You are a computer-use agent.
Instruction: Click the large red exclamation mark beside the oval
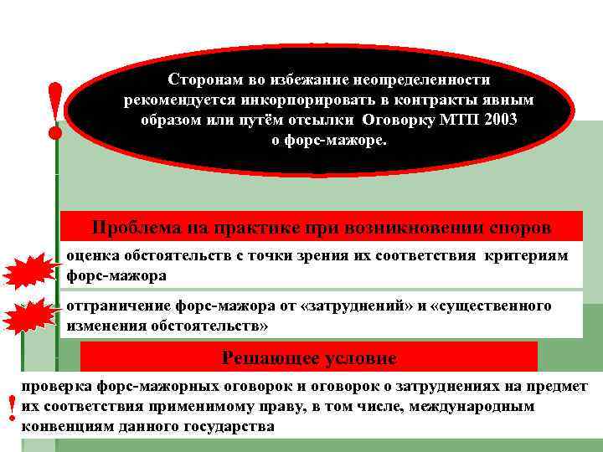coord(56,109)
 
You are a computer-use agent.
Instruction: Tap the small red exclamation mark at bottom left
coord(10,409)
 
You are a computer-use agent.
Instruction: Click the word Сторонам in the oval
coord(204,80)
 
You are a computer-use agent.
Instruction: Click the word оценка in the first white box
coord(92,256)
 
